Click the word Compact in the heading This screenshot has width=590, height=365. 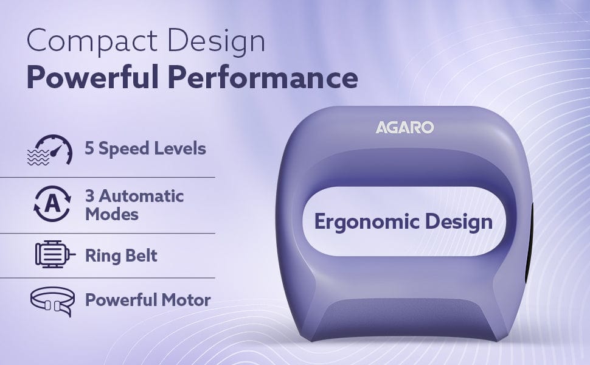[x=92, y=42]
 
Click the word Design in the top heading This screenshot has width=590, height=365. [x=217, y=41]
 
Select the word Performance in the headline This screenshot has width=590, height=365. [x=263, y=77]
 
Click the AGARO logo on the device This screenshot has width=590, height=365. [x=404, y=127]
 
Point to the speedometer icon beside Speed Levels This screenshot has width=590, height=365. [x=50, y=150]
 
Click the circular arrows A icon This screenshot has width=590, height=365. [x=52, y=204]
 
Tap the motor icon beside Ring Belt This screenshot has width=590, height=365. [x=55, y=254]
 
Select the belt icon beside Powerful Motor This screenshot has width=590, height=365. [x=52, y=301]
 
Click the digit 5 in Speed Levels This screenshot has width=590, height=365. [x=89, y=148]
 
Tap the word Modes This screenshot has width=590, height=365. [x=112, y=215]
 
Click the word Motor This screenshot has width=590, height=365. [x=186, y=300]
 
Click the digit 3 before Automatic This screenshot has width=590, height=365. [x=89, y=196]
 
